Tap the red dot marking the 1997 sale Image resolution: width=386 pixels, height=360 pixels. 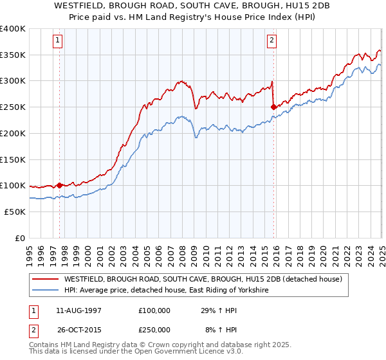click(x=60, y=185)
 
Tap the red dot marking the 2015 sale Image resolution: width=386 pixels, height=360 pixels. click(x=274, y=107)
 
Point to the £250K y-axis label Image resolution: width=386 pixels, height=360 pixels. click(x=13, y=107)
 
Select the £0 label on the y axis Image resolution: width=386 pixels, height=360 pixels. click(x=19, y=238)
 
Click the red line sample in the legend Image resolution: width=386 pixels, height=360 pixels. click(x=46, y=279)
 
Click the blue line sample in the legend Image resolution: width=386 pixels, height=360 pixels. click(x=46, y=291)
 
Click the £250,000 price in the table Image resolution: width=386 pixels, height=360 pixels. click(x=154, y=329)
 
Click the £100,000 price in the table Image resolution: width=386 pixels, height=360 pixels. click(x=154, y=310)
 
